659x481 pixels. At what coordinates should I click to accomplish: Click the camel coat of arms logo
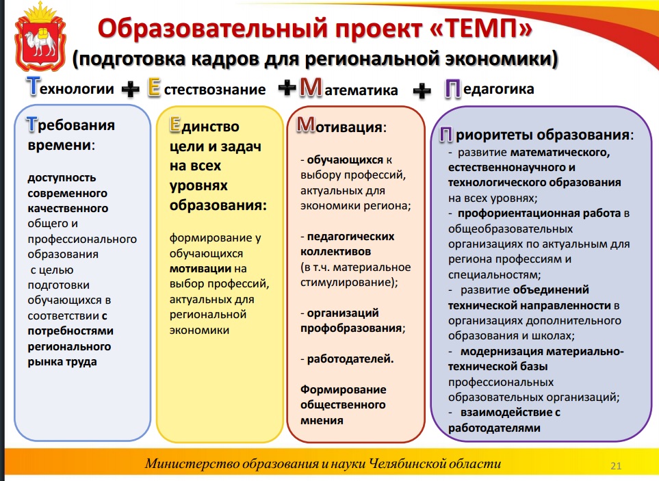[40, 37]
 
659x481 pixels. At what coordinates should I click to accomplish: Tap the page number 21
[616, 465]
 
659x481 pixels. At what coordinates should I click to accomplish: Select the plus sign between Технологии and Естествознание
[131, 89]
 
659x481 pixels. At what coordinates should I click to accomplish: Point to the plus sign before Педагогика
[422, 90]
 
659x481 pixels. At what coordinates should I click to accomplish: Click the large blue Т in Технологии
[34, 86]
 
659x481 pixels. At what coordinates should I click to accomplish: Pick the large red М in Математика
[311, 88]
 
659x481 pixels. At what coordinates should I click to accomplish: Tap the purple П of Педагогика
[453, 89]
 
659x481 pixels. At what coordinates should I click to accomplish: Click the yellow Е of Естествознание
[154, 88]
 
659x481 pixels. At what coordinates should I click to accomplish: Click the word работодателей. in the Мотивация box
[350, 359]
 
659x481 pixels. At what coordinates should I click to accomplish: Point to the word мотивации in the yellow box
[201, 269]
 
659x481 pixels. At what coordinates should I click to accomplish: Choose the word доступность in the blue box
[62, 178]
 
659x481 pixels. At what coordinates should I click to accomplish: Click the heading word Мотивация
[341, 126]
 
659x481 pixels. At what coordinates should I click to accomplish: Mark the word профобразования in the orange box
[351, 328]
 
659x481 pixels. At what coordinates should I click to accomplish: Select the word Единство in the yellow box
[205, 126]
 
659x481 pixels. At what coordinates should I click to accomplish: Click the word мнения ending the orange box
[322, 421]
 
